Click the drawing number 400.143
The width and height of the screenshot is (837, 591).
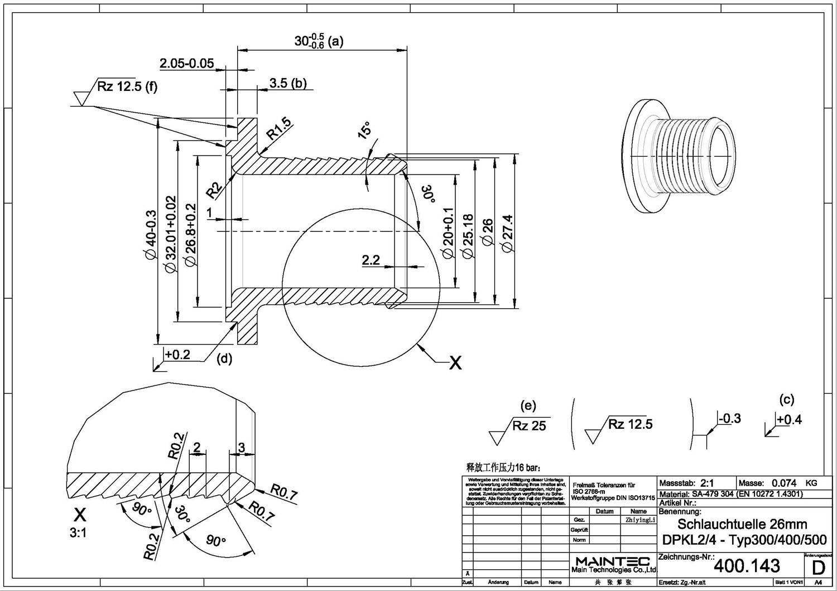tap(747, 566)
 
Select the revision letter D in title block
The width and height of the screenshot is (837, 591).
tap(818, 568)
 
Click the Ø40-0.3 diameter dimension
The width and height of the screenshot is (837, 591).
tap(150, 234)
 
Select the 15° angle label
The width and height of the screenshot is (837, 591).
tap(364, 132)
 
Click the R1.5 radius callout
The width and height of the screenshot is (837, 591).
tap(278, 130)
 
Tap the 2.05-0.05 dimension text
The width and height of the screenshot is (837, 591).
tap(186, 63)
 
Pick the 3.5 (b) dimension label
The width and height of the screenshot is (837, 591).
tap(288, 83)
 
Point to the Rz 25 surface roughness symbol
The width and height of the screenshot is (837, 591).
tap(529, 426)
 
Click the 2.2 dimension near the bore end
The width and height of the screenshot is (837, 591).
tap(371, 260)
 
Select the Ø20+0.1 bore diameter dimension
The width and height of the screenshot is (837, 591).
tap(447, 234)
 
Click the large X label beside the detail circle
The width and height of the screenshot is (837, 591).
tap(455, 363)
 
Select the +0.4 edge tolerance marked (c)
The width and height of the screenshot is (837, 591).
tap(788, 419)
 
